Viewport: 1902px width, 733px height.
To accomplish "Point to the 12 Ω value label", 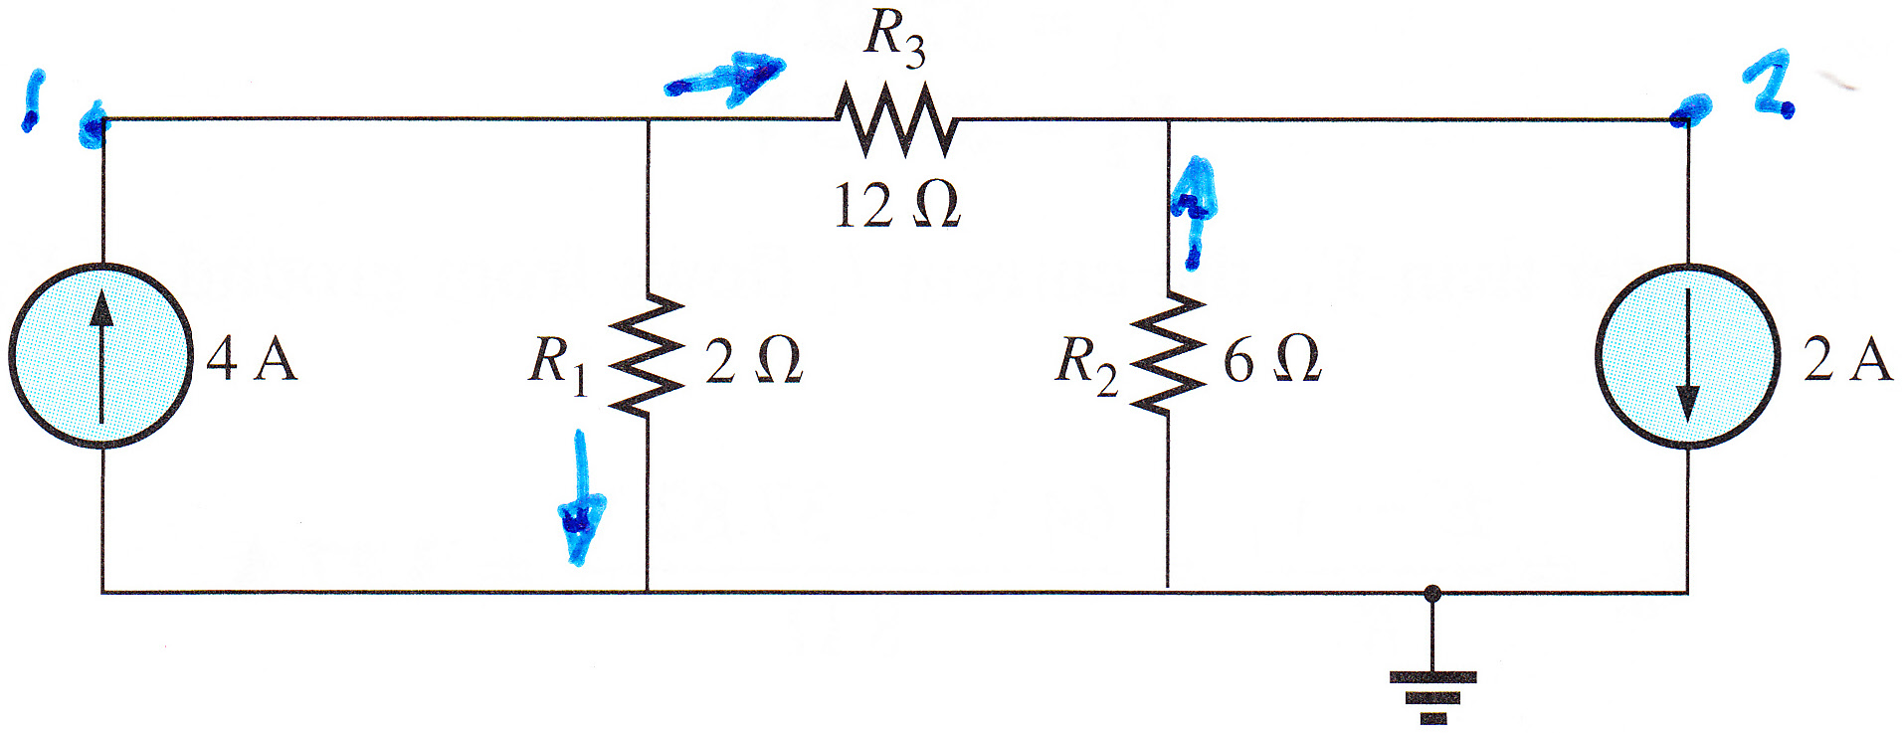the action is click(897, 206).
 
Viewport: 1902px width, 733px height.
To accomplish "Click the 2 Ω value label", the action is click(753, 360).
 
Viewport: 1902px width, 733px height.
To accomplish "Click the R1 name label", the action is click(558, 364).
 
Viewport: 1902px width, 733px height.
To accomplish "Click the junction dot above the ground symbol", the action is click(1432, 594).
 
